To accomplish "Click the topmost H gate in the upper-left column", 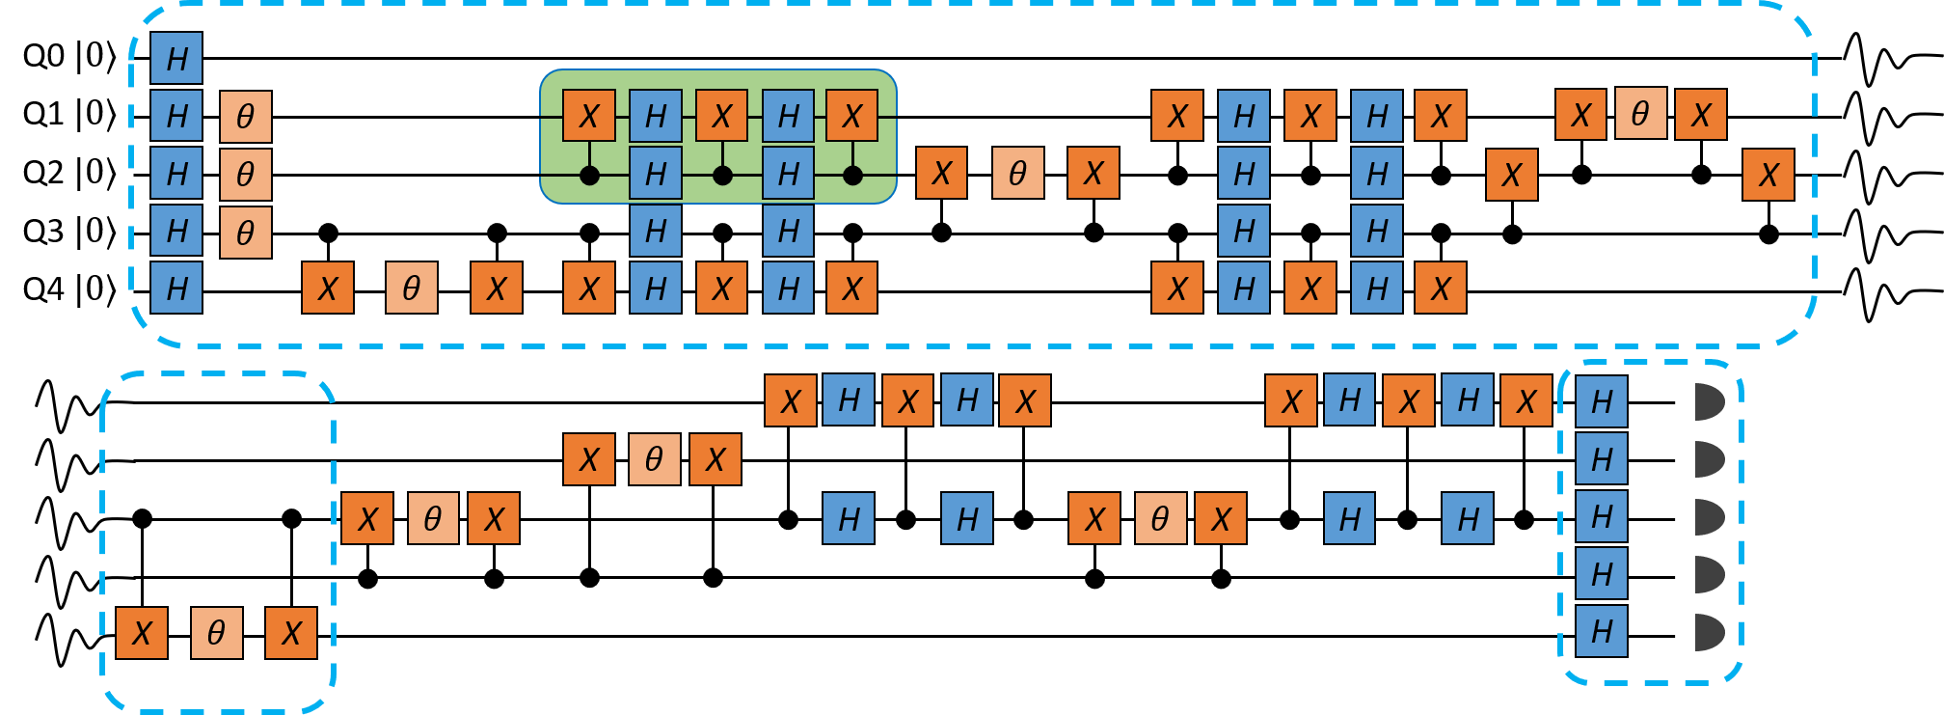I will [x=176, y=58].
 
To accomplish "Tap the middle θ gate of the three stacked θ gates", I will [x=246, y=175].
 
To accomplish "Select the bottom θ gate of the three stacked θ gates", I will [x=246, y=233].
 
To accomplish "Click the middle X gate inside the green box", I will [x=722, y=116].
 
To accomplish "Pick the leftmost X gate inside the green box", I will [x=589, y=116].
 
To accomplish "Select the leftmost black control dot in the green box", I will [x=589, y=176].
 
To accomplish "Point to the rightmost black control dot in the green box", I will [x=852, y=176].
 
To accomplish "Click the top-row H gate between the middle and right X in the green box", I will [x=789, y=116].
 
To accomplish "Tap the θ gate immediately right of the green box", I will [x=1018, y=174].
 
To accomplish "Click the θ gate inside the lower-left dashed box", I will [x=217, y=633].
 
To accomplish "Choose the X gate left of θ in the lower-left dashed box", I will [x=142, y=633].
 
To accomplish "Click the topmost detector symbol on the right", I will [x=1709, y=401].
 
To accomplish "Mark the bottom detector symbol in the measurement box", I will [x=1709, y=632].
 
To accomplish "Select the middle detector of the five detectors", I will [x=1709, y=517].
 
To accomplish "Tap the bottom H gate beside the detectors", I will [x=1602, y=631].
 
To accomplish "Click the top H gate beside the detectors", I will [x=1602, y=401].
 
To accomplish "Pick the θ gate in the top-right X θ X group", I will [x=1640, y=114].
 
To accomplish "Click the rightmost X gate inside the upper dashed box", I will [x=1768, y=175].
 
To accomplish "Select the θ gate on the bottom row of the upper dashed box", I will [x=412, y=288].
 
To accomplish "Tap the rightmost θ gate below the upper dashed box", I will [x=1161, y=519].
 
